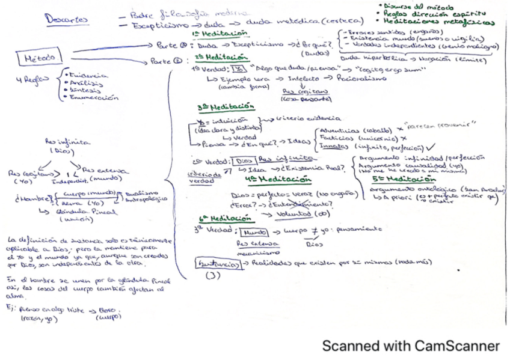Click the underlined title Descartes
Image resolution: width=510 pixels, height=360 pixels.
[67, 19]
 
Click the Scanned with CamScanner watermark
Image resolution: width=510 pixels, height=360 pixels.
[410, 346]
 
